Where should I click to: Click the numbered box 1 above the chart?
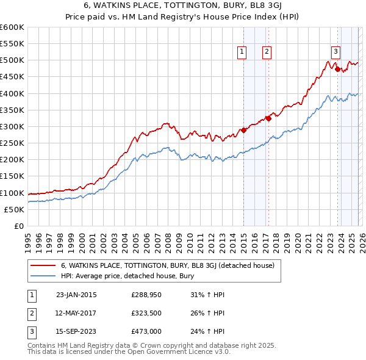coord(242,52)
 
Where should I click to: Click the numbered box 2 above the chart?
coord(267,52)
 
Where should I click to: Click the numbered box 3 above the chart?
coord(335,52)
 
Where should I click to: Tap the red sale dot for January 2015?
coord(243,130)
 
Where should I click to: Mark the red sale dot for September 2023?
coord(337,69)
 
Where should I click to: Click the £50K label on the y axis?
coord(15,209)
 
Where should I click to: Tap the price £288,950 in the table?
coord(146,295)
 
